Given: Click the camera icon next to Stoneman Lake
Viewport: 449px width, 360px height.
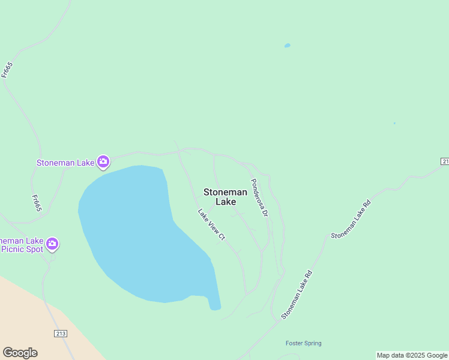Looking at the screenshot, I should (x=103, y=161).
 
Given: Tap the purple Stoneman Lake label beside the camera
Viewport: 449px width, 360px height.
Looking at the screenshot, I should (x=65, y=163).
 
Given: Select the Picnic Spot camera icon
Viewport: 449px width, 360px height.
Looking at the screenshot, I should (x=52, y=243).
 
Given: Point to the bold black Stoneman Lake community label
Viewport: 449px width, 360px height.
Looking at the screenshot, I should (x=225, y=197).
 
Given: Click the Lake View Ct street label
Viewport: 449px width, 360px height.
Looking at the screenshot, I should (x=211, y=224).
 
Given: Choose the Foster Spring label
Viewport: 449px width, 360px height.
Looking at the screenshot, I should (x=303, y=343).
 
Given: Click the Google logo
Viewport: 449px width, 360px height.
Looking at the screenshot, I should (x=20, y=353).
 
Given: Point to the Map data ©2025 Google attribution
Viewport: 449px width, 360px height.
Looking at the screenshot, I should (x=412, y=355).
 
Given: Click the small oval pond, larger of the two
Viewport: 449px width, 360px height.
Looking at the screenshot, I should (x=287, y=45).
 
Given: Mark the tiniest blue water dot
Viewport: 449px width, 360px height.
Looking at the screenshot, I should (x=394, y=123).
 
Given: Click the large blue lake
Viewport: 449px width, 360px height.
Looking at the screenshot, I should (x=138, y=234).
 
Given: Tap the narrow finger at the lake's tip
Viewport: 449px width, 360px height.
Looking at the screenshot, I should (x=214, y=303).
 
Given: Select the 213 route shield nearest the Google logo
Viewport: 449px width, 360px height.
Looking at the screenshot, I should (x=60, y=334).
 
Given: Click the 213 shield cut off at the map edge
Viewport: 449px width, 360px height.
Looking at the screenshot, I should (x=445, y=161).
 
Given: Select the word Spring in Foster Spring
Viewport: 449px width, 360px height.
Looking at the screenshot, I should (x=312, y=343).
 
